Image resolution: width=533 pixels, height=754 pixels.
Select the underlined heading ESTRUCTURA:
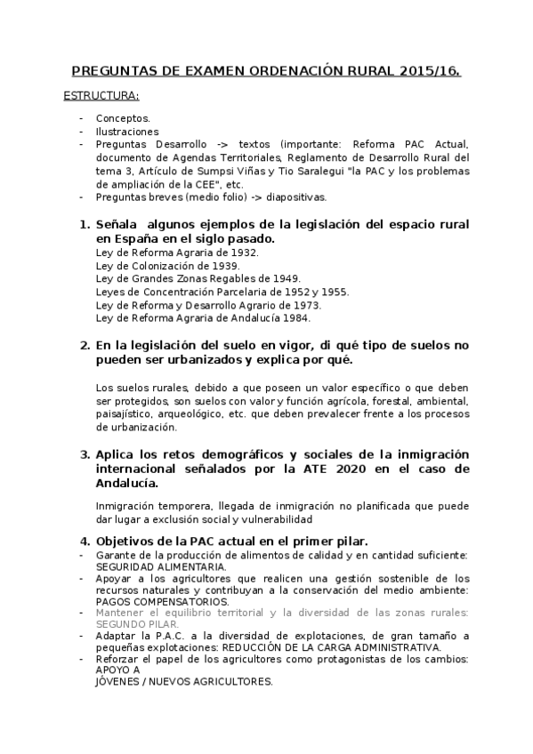tap(101, 94)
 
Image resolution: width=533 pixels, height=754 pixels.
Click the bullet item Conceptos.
tap(123, 117)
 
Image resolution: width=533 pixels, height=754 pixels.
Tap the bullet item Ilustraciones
tap(127, 131)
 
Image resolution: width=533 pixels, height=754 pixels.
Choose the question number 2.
tap(85, 345)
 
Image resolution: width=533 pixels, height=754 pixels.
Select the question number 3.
tap(85, 453)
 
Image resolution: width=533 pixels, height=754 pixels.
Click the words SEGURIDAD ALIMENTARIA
tap(161, 566)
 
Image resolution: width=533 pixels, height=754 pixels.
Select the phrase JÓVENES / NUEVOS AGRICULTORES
tap(184, 681)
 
